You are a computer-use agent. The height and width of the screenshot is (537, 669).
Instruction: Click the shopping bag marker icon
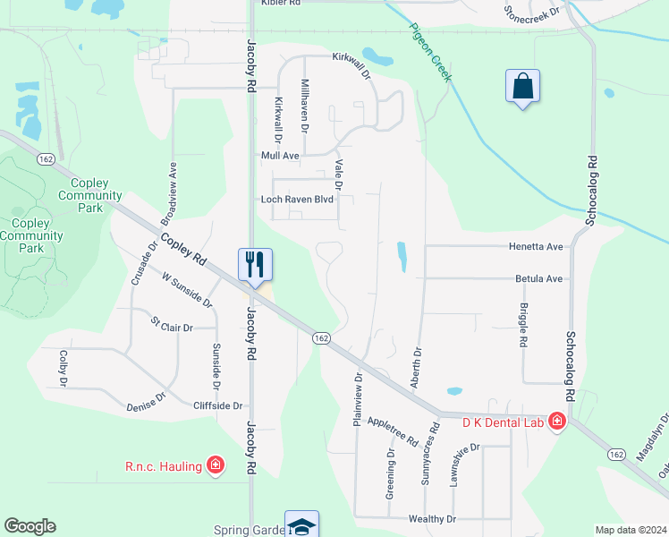pyautogui.click(x=523, y=87)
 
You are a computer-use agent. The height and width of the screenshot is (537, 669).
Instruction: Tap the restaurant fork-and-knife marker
pyautogui.click(x=255, y=264)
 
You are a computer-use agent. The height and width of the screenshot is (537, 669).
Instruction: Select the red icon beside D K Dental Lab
pyautogui.click(x=557, y=421)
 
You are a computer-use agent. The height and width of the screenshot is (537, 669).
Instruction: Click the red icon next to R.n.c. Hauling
pyautogui.click(x=215, y=465)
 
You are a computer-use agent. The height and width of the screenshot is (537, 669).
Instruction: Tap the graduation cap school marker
pyautogui.click(x=301, y=525)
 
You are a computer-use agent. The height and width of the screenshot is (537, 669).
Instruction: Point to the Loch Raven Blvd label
pyautogui.click(x=297, y=200)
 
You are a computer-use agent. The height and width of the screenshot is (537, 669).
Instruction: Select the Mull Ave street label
pyautogui.click(x=280, y=156)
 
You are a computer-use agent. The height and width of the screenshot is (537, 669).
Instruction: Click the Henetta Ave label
pyautogui.click(x=536, y=246)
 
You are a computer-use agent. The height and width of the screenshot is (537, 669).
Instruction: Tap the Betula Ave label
pyautogui.click(x=539, y=279)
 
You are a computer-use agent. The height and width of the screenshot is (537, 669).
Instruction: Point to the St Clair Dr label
pyautogui.click(x=172, y=324)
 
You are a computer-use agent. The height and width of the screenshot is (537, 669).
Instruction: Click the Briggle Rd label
pyautogui.click(x=523, y=324)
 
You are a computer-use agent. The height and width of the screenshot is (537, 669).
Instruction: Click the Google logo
pyautogui.click(x=30, y=526)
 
